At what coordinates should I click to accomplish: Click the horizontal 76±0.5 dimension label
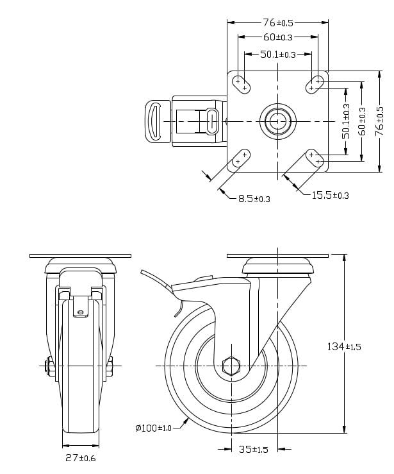point(277,22)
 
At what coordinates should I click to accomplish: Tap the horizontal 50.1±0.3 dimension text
point(277,55)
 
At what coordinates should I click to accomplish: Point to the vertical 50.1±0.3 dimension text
point(346,121)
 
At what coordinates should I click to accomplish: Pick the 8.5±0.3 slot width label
point(254,199)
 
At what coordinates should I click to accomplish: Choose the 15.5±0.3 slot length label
point(330,195)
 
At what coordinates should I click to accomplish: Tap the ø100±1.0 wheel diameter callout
point(154,428)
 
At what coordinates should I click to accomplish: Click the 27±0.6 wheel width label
point(81,458)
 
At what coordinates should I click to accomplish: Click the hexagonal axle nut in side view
point(230,366)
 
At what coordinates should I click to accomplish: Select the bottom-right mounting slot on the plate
point(315,158)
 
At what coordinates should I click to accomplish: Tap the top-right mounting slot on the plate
point(315,83)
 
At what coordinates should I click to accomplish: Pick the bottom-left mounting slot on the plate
point(241,158)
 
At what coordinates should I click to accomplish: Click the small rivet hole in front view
point(81,313)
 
